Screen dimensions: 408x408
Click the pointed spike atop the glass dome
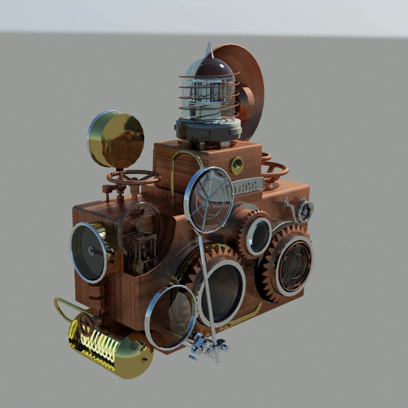click(x=208, y=49)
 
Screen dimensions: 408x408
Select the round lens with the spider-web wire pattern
click(x=209, y=200)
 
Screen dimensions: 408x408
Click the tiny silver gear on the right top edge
click(x=305, y=211)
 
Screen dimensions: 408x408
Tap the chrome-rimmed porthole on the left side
click(x=89, y=253)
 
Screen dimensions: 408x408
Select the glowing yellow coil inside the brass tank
click(x=98, y=345)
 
